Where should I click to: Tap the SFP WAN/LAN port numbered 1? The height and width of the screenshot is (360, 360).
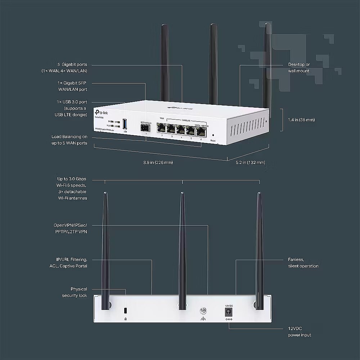point(146,129)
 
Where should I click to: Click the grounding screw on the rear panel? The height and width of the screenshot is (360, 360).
point(202,311)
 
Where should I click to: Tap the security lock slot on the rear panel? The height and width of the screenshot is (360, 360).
point(125,310)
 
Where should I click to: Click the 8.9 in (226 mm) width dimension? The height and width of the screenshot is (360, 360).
point(158,162)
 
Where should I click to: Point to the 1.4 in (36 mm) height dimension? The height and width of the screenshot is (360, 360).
point(301,120)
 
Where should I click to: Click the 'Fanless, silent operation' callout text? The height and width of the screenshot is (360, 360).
point(303,263)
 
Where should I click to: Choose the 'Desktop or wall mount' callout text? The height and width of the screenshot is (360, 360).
point(299,68)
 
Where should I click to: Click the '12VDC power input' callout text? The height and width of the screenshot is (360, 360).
point(300,332)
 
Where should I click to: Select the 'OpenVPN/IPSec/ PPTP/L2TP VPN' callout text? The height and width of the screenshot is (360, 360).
point(70,228)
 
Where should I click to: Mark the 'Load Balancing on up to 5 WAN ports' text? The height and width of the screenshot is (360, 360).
point(69,140)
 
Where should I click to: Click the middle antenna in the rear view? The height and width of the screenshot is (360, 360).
point(182,248)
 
